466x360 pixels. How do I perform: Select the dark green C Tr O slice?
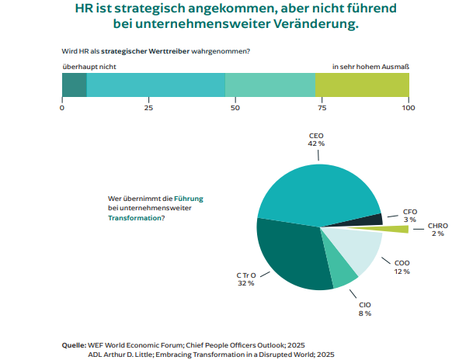click(x=287, y=256)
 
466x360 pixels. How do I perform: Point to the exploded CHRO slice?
click(x=396, y=229)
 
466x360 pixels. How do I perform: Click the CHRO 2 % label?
click(x=437, y=229)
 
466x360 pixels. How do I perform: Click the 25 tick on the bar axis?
click(x=148, y=107)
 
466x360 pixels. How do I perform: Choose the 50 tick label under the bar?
click(x=235, y=107)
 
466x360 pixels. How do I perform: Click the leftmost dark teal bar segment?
click(x=74, y=85)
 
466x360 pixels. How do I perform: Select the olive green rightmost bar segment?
click(x=362, y=85)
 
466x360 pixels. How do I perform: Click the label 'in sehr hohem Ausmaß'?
click(x=370, y=67)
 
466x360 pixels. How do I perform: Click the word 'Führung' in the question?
click(x=188, y=199)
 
